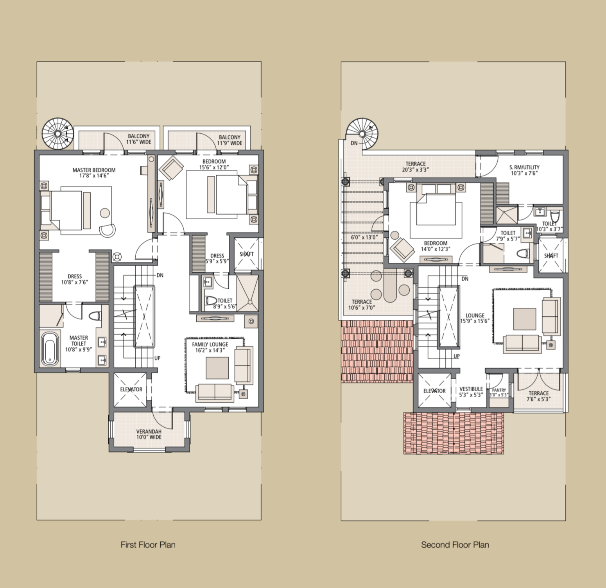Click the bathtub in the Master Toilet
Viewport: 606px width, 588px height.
point(49,349)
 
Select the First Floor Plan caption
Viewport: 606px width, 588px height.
point(148,545)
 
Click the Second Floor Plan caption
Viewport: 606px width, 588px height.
point(455,545)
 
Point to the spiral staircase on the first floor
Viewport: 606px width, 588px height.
point(58,133)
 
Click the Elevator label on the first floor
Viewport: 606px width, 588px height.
point(131,389)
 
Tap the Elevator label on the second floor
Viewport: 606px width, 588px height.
point(434,391)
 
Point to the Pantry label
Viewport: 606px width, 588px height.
point(499,390)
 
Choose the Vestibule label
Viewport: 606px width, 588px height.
point(471,389)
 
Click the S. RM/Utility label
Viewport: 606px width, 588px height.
point(524,167)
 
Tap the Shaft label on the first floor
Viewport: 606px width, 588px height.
point(247,254)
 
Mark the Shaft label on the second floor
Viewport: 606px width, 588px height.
point(551,256)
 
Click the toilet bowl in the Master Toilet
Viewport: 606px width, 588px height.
point(95,316)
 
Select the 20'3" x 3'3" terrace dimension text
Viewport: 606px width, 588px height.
point(415,170)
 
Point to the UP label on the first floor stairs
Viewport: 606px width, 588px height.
point(157,358)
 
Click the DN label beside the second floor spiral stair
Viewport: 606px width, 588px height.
point(354,143)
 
